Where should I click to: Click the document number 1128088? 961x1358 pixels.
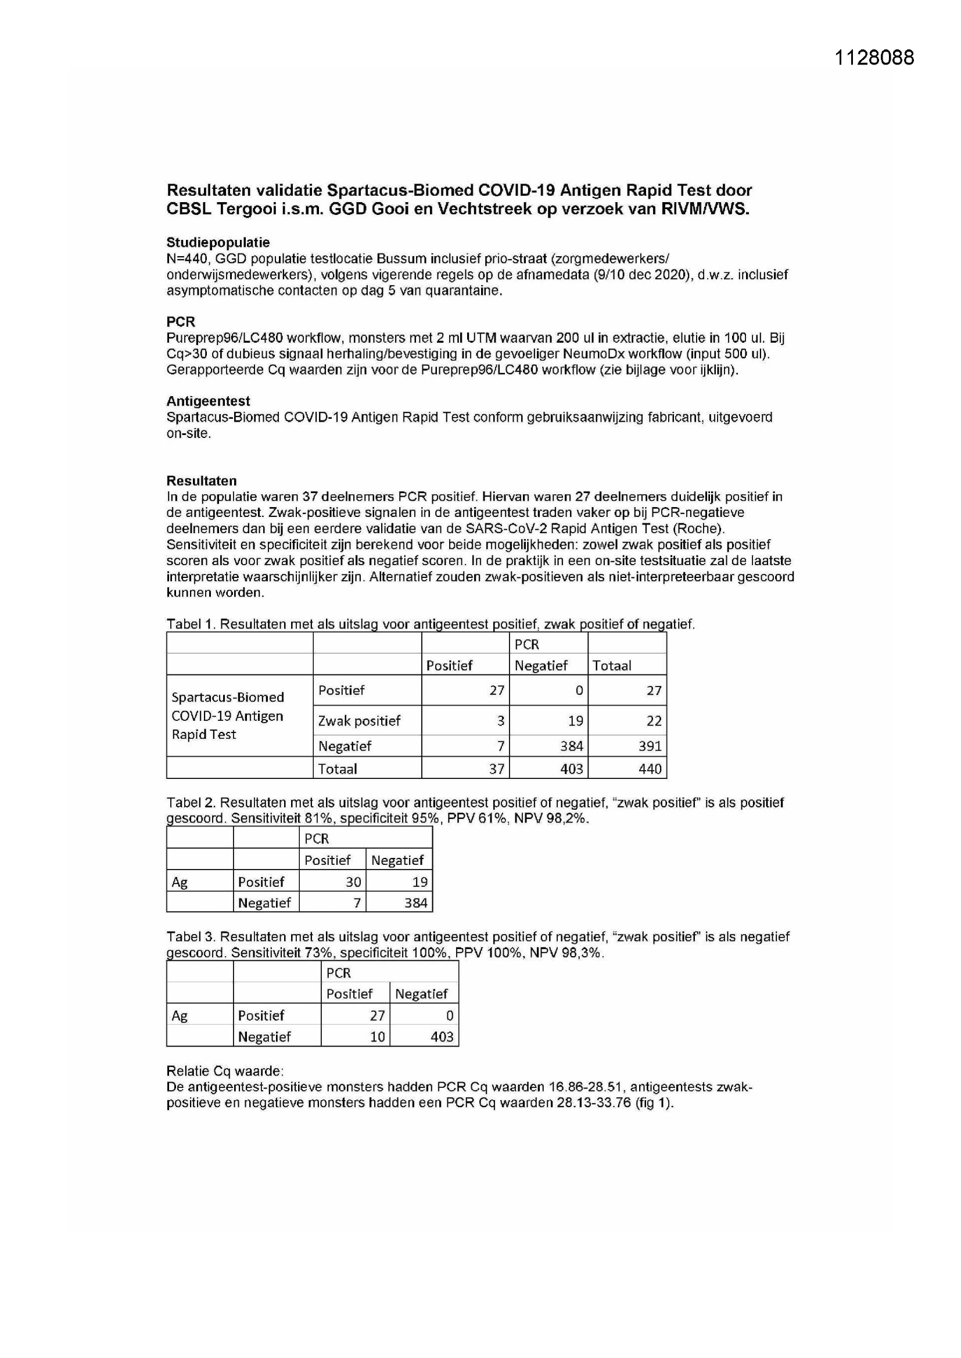(x=874, y=58)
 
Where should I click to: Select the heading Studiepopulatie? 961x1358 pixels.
(x=218, y=243)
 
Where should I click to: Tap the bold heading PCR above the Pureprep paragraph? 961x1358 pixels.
(x=181, y=322)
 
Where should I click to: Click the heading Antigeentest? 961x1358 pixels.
(x=207, y=401)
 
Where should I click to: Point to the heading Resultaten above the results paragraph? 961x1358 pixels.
(x=201, y=481)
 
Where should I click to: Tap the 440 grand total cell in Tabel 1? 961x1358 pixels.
(x=649, y=769)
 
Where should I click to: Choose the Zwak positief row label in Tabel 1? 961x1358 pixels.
(x=359, y=721)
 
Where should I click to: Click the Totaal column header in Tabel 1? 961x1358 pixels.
(x=612, y=666)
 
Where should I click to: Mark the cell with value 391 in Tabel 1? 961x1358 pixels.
(x=649, y=746)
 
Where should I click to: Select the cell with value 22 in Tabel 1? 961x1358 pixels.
(x=653, y=721)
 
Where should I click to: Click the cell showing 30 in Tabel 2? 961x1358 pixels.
(x=353, y=882)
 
